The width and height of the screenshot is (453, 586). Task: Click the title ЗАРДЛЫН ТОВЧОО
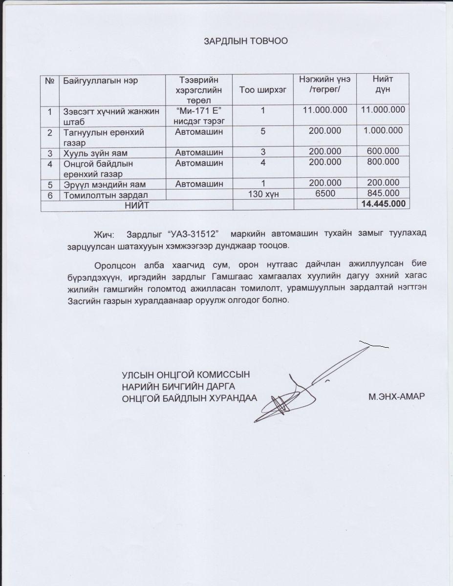[x=245, y=41]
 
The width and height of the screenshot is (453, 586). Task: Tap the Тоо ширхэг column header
[x=263, y=89]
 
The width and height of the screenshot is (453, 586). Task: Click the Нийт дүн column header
[x=383, y=84]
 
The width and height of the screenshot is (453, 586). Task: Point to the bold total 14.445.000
[x=383, y=204]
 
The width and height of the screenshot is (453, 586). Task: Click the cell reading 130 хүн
[x=263, y=194]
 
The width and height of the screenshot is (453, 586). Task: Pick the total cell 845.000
[x=383, y=194]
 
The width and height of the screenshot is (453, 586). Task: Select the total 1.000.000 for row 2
[x=383, y=131]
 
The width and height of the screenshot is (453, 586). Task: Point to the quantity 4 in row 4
[x=263, y=163]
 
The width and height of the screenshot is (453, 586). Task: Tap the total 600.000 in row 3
[x=383, y=152]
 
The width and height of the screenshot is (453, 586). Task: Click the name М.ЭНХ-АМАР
[x=397, y=397]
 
